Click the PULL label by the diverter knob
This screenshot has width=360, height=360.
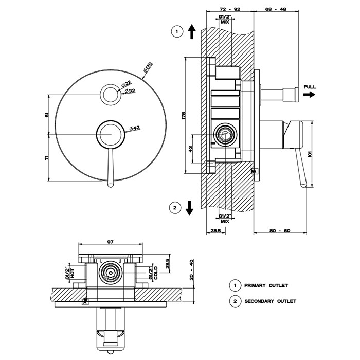tap(310, 87)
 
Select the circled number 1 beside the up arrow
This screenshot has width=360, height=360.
tap(177, 32)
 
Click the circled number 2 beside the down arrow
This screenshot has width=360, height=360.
tap(175, 208)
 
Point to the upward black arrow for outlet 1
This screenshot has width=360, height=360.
tap(191, 31)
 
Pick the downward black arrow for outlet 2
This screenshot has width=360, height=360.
tap(189, 208)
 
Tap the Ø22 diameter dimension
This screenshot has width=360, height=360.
tap(127, 83)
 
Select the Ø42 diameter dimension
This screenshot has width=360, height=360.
tap(135, 128)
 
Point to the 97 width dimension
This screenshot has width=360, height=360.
tap(111, 241)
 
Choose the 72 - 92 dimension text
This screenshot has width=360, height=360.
tap(230, 9)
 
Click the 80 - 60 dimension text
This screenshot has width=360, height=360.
tap(280, 231)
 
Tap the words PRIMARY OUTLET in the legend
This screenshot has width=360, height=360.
tap(266, 285)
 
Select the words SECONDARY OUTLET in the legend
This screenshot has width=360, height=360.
tap(269, 301)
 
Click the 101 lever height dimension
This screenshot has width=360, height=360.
tap(310, 153)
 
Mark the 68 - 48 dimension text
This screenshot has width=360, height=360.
tap(277, 9)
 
